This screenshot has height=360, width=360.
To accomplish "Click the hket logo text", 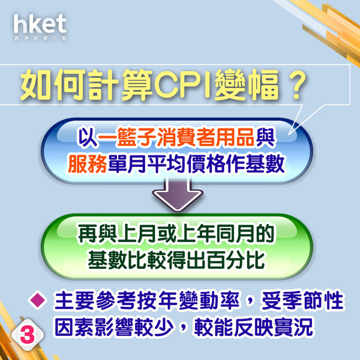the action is [x=40, y=24].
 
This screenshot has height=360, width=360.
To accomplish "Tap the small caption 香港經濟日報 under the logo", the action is [x=40, y=38].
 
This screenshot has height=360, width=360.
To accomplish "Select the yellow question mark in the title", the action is [x=297, y=85].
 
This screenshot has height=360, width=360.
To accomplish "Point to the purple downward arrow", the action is [x=178, y=194].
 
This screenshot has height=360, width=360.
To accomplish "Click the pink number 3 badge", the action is [x=28, y=335].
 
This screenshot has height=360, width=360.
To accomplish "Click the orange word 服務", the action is [x=88, y=164].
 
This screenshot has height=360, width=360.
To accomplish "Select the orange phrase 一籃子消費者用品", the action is [x=176, y=137].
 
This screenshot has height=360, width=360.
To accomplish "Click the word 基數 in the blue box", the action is [x=265, y=164].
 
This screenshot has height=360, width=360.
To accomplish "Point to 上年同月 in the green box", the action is [x=215, y=233].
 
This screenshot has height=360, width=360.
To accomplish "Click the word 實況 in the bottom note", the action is [x=293, y=327].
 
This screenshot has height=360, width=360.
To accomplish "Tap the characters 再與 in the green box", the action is [x=97, y=233].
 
